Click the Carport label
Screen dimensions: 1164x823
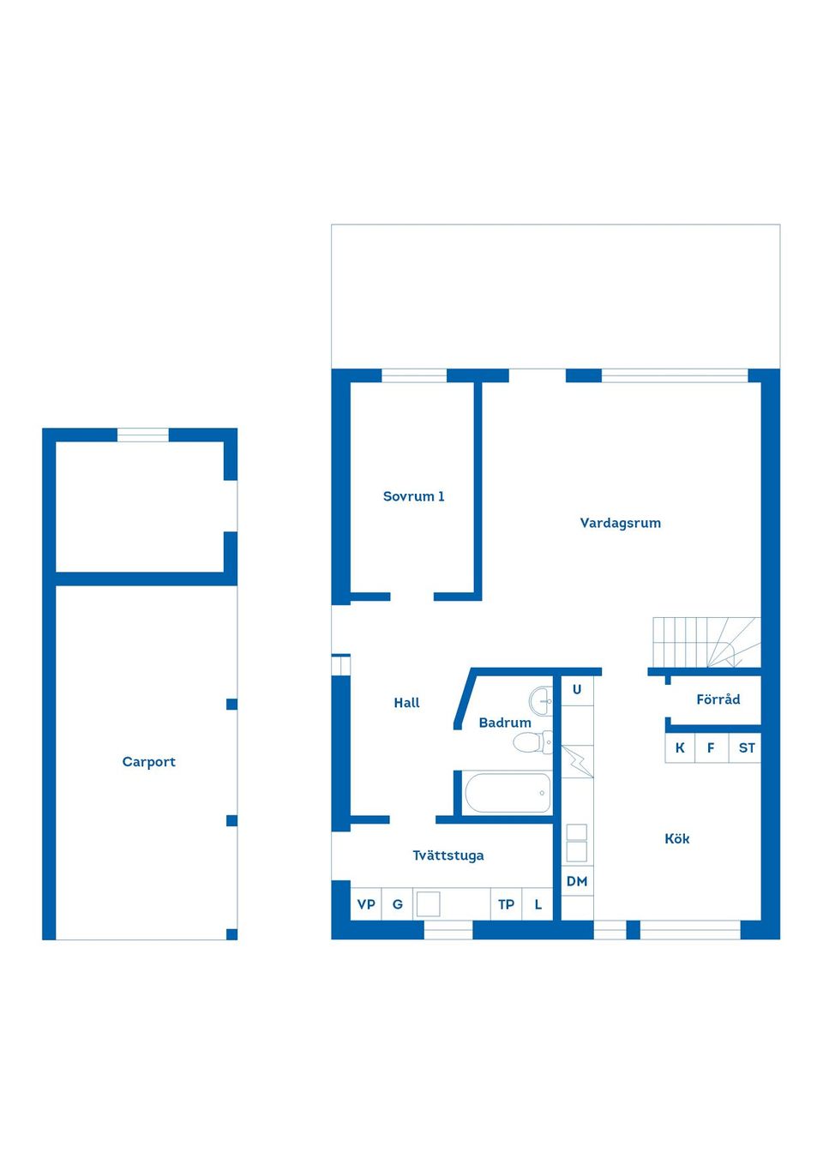148,761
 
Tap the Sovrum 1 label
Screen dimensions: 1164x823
413,496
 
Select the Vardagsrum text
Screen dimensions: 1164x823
620,523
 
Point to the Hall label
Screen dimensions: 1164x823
406,703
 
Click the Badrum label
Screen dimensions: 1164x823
504,723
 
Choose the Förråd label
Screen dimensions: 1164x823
718,699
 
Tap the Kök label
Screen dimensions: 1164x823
676,839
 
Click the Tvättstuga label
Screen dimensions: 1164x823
448,855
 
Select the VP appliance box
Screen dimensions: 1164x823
366,904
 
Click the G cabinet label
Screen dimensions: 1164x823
397,904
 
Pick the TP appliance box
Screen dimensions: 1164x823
506,904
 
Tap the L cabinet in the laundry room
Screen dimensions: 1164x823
538,904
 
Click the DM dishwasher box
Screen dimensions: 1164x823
577,881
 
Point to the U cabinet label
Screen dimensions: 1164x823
577,690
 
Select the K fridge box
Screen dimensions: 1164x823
680,747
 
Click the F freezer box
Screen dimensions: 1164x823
711,747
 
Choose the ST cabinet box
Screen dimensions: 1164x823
746,747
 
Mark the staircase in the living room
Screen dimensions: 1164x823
705,642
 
